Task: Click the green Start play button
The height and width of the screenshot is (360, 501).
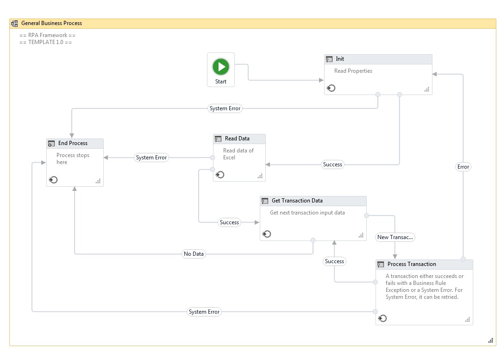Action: [x=221, y=67]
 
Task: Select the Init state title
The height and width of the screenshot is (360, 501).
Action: [x=340, y=59]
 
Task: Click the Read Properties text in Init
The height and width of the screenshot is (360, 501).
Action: [x=353, y=71]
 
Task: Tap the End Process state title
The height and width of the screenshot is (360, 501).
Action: [x=73, y=143]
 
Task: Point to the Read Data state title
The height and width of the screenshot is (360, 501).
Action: [x=237, y=139]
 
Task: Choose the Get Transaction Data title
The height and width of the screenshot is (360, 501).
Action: [x=297, y=201]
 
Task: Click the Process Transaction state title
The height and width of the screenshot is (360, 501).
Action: [x=412, y=264]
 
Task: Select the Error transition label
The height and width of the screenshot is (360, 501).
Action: [x=463, y=167]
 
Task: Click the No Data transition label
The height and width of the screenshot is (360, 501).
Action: [x=194, y=254]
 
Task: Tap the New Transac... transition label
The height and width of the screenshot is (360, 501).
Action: [x=395, y=237]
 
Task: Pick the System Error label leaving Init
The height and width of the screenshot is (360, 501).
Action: [x=225, y=108]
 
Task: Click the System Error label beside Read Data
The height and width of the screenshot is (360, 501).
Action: [x=151, y=158]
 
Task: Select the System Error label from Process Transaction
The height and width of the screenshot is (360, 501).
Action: [x=204, y=312]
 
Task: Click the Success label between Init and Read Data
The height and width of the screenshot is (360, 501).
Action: [x=332, y=164]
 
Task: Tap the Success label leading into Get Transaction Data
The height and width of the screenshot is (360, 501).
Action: [x=229, y=222]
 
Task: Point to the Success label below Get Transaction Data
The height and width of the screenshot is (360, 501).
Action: [x=334, y=261]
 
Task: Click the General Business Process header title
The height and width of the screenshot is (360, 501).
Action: [x=51, y=23]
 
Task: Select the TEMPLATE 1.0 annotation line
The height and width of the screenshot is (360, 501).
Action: [x=46, y=42]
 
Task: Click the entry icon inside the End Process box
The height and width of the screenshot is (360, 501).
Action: [x=53, y=180]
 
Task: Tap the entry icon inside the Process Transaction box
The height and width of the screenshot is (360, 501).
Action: [x=382, y=318]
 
